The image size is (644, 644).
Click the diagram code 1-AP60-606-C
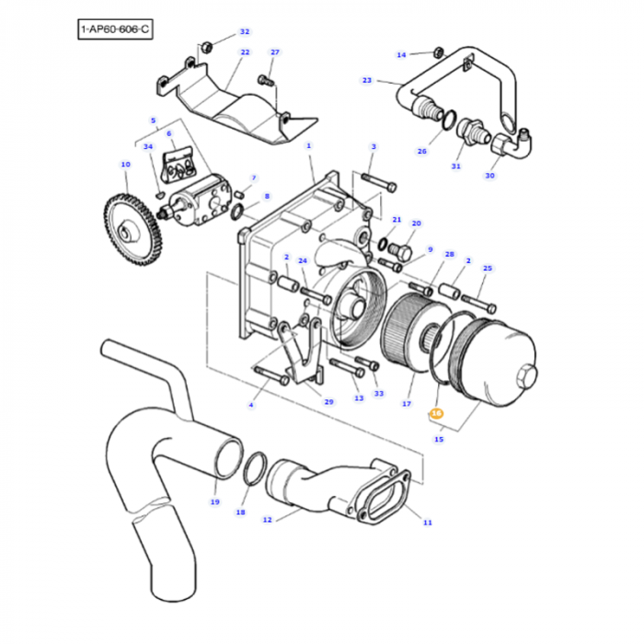tap(115, 30)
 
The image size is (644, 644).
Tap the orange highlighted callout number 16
tap(437, 414)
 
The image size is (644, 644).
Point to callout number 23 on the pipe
tap(366, 80)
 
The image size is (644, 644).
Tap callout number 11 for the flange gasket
tap(427, 523)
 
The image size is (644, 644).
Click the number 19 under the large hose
tap(214, 501)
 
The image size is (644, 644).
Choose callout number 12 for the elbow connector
tap(267, 521)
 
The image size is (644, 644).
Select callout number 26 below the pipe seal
tap(421, 151)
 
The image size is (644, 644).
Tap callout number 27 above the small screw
tap(274, 52)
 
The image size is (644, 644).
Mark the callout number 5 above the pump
tap(153, 121)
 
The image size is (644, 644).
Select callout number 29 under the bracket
tap(328, 401)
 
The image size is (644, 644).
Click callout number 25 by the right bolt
tap(488, 269)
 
